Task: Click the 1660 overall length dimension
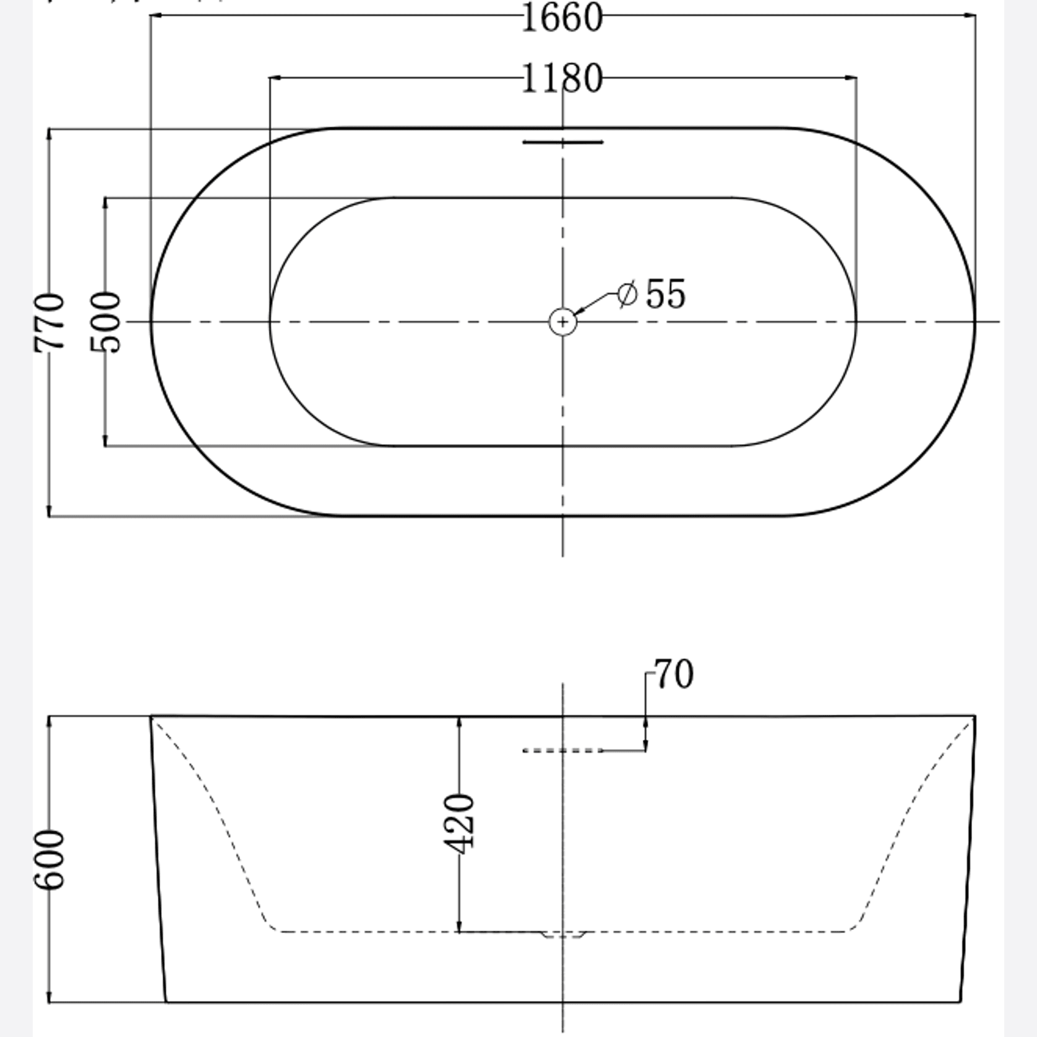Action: [x=562, y=18]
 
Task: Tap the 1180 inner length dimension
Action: [x=562, y=79]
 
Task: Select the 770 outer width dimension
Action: [x=49, y=322]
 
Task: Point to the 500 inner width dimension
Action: [x=105, y=322]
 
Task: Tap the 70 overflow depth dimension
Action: [x=674, y=674]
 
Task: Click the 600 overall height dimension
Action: [x=49, y=860]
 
